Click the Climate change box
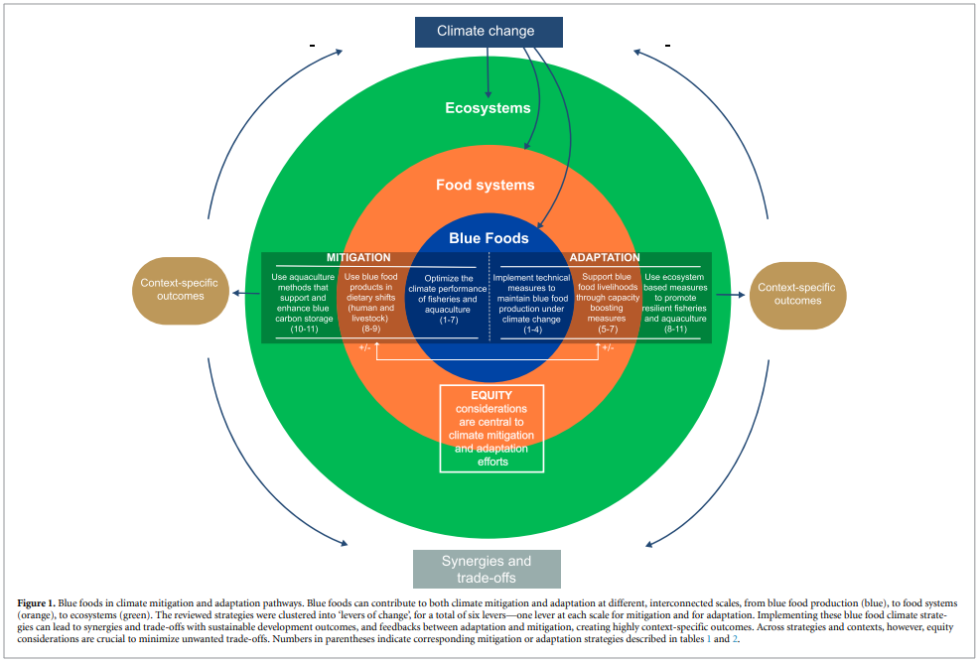(489, 32)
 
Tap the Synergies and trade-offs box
(487, 569)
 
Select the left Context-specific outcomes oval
(180, 291)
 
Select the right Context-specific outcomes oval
(797, 295)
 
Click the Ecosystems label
(488, 108)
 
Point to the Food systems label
(485, 185)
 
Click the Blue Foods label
(489, 238)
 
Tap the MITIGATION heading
(358, 257)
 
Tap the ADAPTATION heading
(605, 257)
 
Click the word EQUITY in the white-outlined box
(491, 395)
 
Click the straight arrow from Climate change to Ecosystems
(489, 72)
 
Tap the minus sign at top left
(312, 45)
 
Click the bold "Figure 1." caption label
(37, 603)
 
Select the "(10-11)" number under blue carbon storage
(305, 330)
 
